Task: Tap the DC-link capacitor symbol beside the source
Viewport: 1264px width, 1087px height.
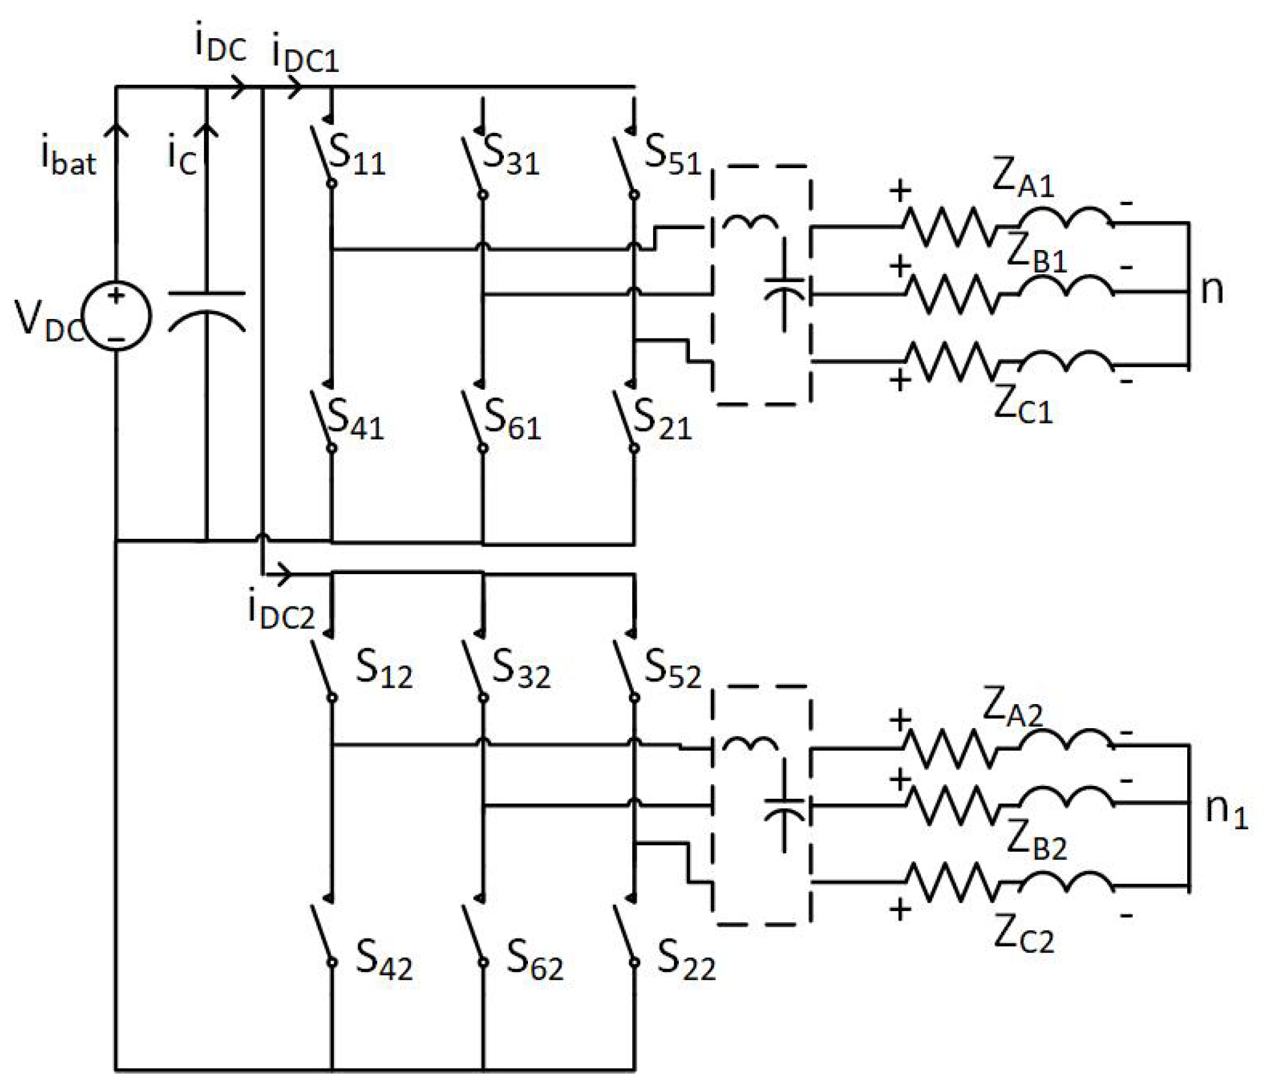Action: (207, 312)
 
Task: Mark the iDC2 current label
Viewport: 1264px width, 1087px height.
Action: (281, 611)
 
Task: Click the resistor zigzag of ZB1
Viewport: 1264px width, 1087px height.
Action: (952, 294)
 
